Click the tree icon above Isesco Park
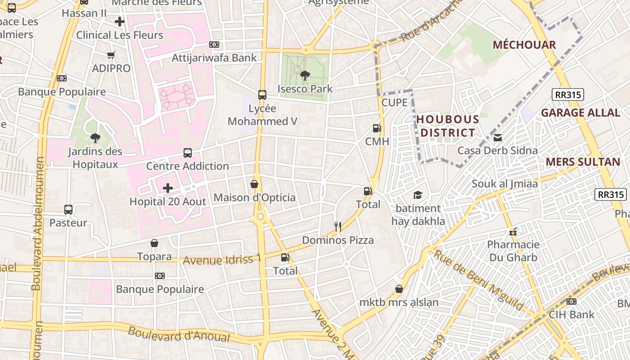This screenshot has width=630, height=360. click(305, 75)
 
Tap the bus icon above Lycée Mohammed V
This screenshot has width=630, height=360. click(262, 95)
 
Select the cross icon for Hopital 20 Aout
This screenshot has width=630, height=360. click(168, 188)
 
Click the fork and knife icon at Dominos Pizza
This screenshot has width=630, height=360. click(338, 226)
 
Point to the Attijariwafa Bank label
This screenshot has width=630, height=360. click(214, 58)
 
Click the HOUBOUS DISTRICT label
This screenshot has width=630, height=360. click(447, 126)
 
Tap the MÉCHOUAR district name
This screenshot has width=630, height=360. click(524, 45)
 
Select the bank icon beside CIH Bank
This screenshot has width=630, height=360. click(571, 301)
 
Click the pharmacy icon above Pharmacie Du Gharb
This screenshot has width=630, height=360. click(513, 232)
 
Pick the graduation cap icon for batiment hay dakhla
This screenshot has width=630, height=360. click(418, 195)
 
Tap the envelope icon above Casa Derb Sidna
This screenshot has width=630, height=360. click(498, 137)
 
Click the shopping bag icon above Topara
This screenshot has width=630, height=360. click(154, 243)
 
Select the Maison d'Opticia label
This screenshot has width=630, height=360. click(254, 198)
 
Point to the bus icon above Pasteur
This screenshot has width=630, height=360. click(68, 209)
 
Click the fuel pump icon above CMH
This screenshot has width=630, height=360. click(377, 128)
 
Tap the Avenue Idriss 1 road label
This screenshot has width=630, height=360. click(222, 260)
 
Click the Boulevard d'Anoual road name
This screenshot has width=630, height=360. click(179, 334)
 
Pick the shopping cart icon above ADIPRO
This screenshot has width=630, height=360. click(111, 55)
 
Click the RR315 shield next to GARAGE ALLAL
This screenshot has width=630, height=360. click(568, 94)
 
